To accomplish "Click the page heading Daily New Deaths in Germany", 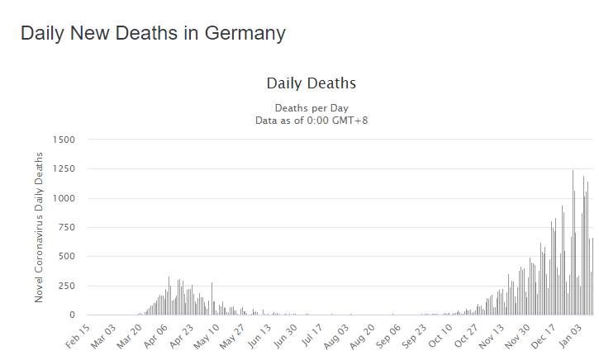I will (x=153, y=33).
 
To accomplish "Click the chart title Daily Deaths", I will (x=311, y=83).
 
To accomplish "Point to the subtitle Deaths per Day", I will (x=311, y=108).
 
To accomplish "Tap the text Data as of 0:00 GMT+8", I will (x=311, y=121).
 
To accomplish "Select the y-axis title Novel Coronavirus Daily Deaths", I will (x=39, y=226).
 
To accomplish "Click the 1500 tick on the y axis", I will (x=64, y=140).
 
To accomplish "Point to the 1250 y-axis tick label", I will (x=64, y=169).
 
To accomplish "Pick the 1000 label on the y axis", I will (x=64, y=198).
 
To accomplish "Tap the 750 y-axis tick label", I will (x=66, y=227).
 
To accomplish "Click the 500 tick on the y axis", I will (x=66, y=257).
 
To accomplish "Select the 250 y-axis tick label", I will (x=66, y=286).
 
